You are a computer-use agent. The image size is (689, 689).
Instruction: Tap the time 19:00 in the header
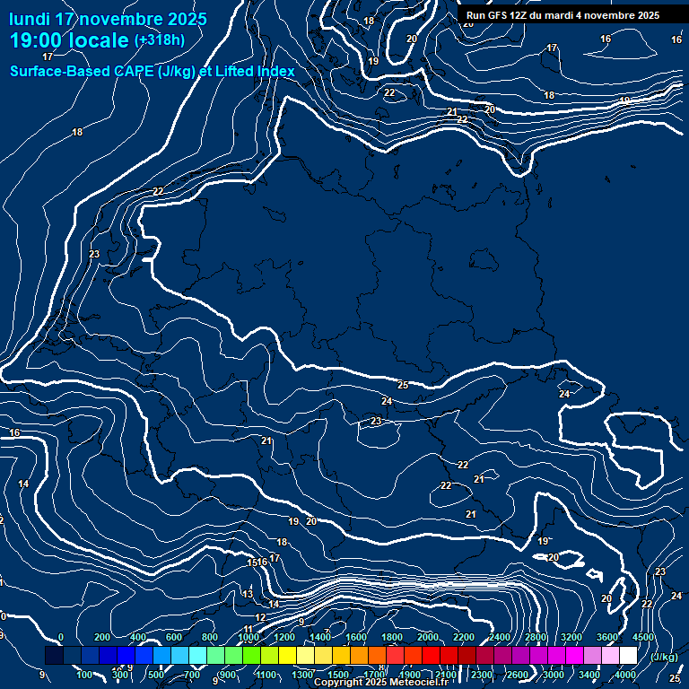pos(40,41)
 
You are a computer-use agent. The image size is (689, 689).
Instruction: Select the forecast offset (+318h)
pos(160,40)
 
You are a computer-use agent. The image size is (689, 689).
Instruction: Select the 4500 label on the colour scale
pos(643,637)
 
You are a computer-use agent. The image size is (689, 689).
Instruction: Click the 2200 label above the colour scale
pos(464,637)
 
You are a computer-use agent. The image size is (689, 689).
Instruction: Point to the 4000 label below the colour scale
pos(626,675)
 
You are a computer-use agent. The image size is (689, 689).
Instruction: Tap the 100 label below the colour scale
pos(85,675)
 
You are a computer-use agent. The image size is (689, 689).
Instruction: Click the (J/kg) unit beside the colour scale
pos(664,658)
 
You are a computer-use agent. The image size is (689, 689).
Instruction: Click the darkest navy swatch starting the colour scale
pos(54,656)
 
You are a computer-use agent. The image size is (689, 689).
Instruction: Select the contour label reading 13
pos(249,594)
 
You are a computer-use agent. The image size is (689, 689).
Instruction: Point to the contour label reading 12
pos(260,617)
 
